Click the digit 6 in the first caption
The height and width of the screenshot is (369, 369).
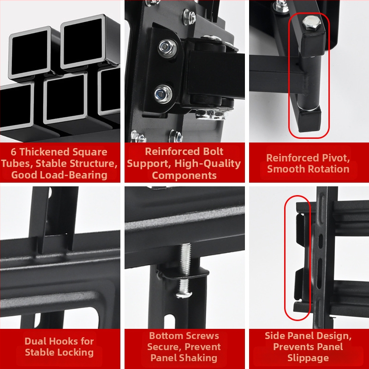[x=13, y=152]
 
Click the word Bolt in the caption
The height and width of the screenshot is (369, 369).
[x=214, y=151]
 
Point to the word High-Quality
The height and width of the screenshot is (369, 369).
[x=208, y=164]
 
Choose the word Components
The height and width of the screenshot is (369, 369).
[x=184, y=176]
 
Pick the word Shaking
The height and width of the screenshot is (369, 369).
[x=199, y=358]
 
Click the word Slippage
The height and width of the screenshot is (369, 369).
[x=308, y=358]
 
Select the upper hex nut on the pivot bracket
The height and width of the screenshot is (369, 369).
[x=167, y=48]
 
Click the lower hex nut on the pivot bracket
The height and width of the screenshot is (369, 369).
[x=163, y=94]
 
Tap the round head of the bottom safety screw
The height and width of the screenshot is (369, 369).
[x=184, y=294]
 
